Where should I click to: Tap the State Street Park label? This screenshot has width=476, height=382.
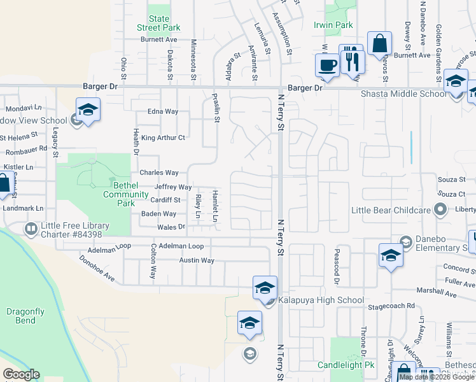click(159, 24)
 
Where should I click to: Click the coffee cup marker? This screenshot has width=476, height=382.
click(327, 65)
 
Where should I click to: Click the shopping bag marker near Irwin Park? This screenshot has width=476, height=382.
click(379, 44)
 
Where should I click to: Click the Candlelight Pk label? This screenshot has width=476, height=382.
click(346, 365)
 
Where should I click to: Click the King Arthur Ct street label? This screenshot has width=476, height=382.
click(163, 138)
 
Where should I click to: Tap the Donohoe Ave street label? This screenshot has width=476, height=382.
click(97, 269)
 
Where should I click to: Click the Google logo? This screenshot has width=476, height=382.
click(21, 374)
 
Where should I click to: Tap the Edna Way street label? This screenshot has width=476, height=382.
click(163, 111)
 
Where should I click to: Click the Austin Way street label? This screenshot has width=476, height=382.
click(197, 260)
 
